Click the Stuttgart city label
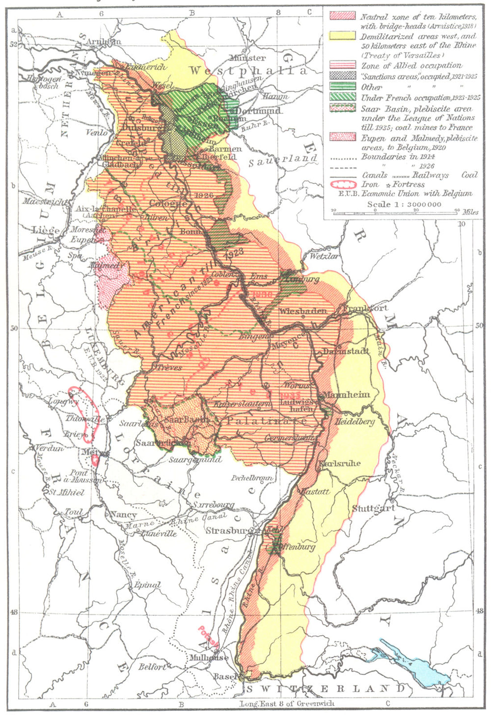click(373, 508)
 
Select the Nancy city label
click(123, 515)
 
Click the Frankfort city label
click(365, 308)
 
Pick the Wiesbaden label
click(303, 311)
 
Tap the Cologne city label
click(168, 203)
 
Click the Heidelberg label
click(355, 422)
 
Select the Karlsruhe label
click(340, 463)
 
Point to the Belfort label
click(152, 666)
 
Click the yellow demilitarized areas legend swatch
click(342, 36)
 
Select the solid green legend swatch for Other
click(342, 86)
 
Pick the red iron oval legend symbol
click(342, 184)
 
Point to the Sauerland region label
click(282, 160)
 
